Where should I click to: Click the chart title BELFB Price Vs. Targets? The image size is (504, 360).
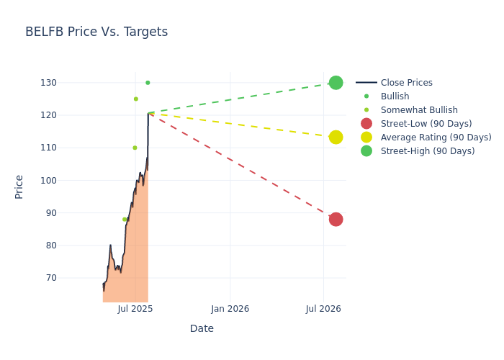pyautogui.click(x=96, y=32)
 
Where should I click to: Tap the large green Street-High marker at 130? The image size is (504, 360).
pyautogui.click(x=336, y=83)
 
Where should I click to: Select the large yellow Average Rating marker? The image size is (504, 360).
pyautogui.click(x=336, y=137)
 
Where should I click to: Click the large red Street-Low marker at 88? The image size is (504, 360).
pyautogui.click(x=336, y=219)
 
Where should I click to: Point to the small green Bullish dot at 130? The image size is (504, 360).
pyautogui.click(x=148, y=83)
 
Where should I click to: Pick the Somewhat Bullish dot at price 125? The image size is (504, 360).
pyautogui.click(x=135, y=99)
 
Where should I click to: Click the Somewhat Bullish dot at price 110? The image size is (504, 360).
pyautogui.click(x=135, y=148)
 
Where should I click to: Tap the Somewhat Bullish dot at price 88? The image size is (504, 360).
pyautogui.click(x=125, y=220)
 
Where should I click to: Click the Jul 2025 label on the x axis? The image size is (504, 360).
pyautogui.click(x=135, y=309)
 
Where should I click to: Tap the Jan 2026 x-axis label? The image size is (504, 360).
pyautogui.click(x=230, y=309)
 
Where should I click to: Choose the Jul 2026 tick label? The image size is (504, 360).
pyautogui.click(x=323, y=309)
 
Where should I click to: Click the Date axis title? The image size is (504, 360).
pyautogui.click(x=202, y=328)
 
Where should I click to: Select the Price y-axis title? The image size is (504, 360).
pyautogui.click(x=19, y=186)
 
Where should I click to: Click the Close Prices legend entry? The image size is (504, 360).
pyautogui.click(x=406, y=83)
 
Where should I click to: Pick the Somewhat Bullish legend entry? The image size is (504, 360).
pyautogui.click(x=419, y=110)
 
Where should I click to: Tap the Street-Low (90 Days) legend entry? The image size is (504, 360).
pyautogui.click(x=426, y=124)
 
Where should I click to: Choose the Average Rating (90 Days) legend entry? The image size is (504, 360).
pyautogui.click(x=436, y=138)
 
